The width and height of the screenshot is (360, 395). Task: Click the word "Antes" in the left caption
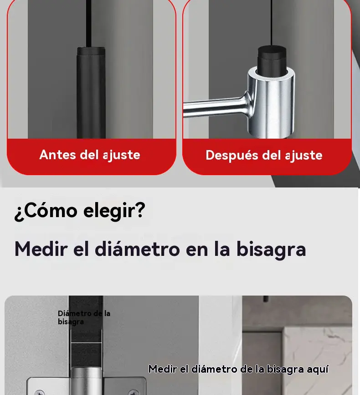[58, 155]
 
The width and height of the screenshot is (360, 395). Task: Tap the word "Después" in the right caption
[231, 155]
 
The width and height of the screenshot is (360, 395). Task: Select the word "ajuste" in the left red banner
[121, 155]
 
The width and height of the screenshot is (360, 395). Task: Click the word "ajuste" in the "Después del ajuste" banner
[303, 156]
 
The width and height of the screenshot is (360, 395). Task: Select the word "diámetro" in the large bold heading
[137, 249]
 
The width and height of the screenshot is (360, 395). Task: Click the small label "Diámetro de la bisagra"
[84, 317]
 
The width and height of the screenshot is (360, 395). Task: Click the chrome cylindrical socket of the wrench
[272, 102]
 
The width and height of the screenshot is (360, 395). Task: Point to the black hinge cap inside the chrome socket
[272, 59]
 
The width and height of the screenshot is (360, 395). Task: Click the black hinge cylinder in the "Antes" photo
[91, 93]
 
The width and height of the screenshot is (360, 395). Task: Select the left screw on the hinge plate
[39, 392]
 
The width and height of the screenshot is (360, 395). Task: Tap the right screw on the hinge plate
[134, 392]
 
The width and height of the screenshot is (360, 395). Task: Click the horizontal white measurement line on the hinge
[86, 343]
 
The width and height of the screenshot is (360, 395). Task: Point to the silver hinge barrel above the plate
[86, 381]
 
